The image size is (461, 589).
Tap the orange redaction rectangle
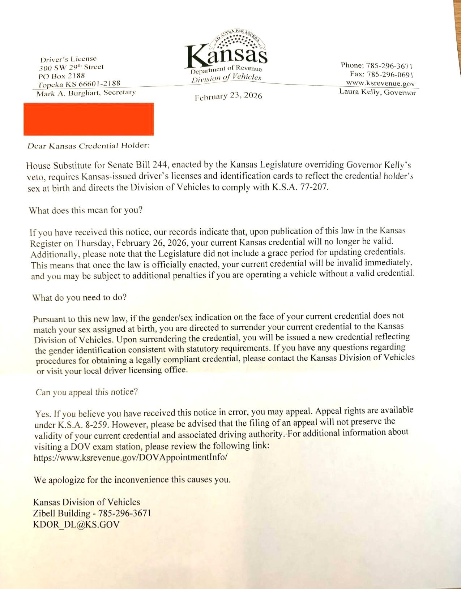tap(89, 119)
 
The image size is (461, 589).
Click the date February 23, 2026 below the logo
tap(228, 96)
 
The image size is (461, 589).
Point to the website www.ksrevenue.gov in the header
tap(380, 83)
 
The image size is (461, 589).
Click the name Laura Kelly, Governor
tap(377, 92)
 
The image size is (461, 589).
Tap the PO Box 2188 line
tap(62, 76)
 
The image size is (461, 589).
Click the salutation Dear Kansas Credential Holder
tap(89, 146)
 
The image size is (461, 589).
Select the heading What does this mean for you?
tap(86, 210)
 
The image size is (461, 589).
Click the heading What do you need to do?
tap(80, 298)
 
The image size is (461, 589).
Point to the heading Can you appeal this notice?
tap(87, 392)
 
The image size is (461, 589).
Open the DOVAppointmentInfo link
tap(131, 457)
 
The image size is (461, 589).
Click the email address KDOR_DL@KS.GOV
tap(76, 524)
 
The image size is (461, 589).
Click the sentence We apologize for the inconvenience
tap(132, 480)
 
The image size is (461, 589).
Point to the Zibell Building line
tap(92, 513)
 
